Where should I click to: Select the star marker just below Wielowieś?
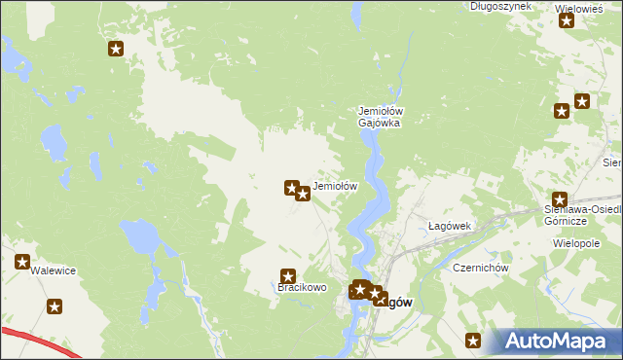pyautogui.click(x=567, y=20)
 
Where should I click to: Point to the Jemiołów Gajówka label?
pyautogui.click(x=381, y=118)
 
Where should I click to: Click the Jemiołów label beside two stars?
pyautogui.click(x=336, y=186)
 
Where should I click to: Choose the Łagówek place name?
pyautogui.click(x=450, y=226)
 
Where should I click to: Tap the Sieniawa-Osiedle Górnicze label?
pyautogui.click(x=583, y=215)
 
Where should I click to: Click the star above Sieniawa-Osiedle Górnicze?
pyautogui.click(x=559, y=198)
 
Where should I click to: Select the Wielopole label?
pyautogui.click(x=575, y=243)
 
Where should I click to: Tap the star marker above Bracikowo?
pyautogui.click(x=287, y=276)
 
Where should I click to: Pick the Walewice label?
pyautogui.click(x=54, y=271)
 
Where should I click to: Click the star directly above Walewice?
pyautogui.click(x=22, y=261)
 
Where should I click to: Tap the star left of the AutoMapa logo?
pyautogui.click(x=473, y=341)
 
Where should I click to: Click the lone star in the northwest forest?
pyautogui.click(x=116, y=50)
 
